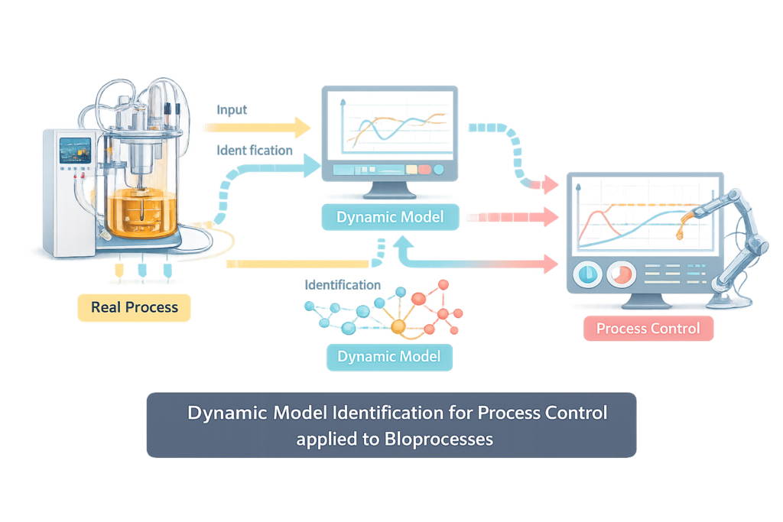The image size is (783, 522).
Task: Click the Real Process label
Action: point(134,308)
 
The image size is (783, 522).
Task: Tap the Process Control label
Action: point(648,329)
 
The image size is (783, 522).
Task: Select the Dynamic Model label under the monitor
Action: point(390,217)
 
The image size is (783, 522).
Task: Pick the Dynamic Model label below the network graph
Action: point(388,356)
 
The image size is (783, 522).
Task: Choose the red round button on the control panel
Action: point(622,274)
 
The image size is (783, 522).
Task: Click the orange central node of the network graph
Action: point(398,326)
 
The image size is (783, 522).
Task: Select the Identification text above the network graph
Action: point(342,285)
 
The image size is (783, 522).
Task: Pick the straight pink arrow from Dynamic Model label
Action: point(512,218)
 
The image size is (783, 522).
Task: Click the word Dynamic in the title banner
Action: point(223,413)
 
